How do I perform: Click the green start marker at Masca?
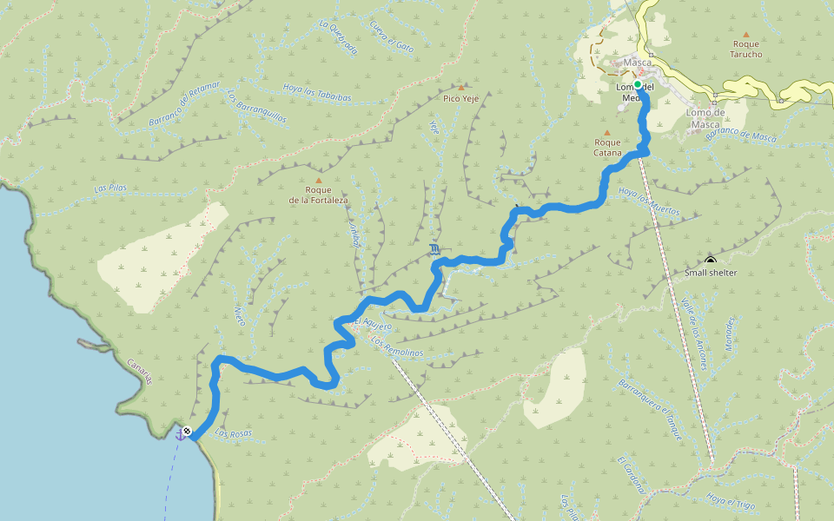tap(637, 85)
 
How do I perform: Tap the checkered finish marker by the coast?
tap(188, 430)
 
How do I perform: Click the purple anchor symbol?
tap(180, 434)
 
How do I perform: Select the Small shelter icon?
tap(711, 260)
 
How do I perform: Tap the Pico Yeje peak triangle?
tap(461, 88)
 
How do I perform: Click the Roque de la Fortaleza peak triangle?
tap(319, 180)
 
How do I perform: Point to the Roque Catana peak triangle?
tap(607, 133)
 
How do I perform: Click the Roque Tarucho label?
tap(747, 49)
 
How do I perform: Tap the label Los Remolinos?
tap(396, 346)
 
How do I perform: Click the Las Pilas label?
tap(110, 188)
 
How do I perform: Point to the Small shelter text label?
tap(711, 273)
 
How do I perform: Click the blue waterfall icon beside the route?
tap(434, 251)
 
